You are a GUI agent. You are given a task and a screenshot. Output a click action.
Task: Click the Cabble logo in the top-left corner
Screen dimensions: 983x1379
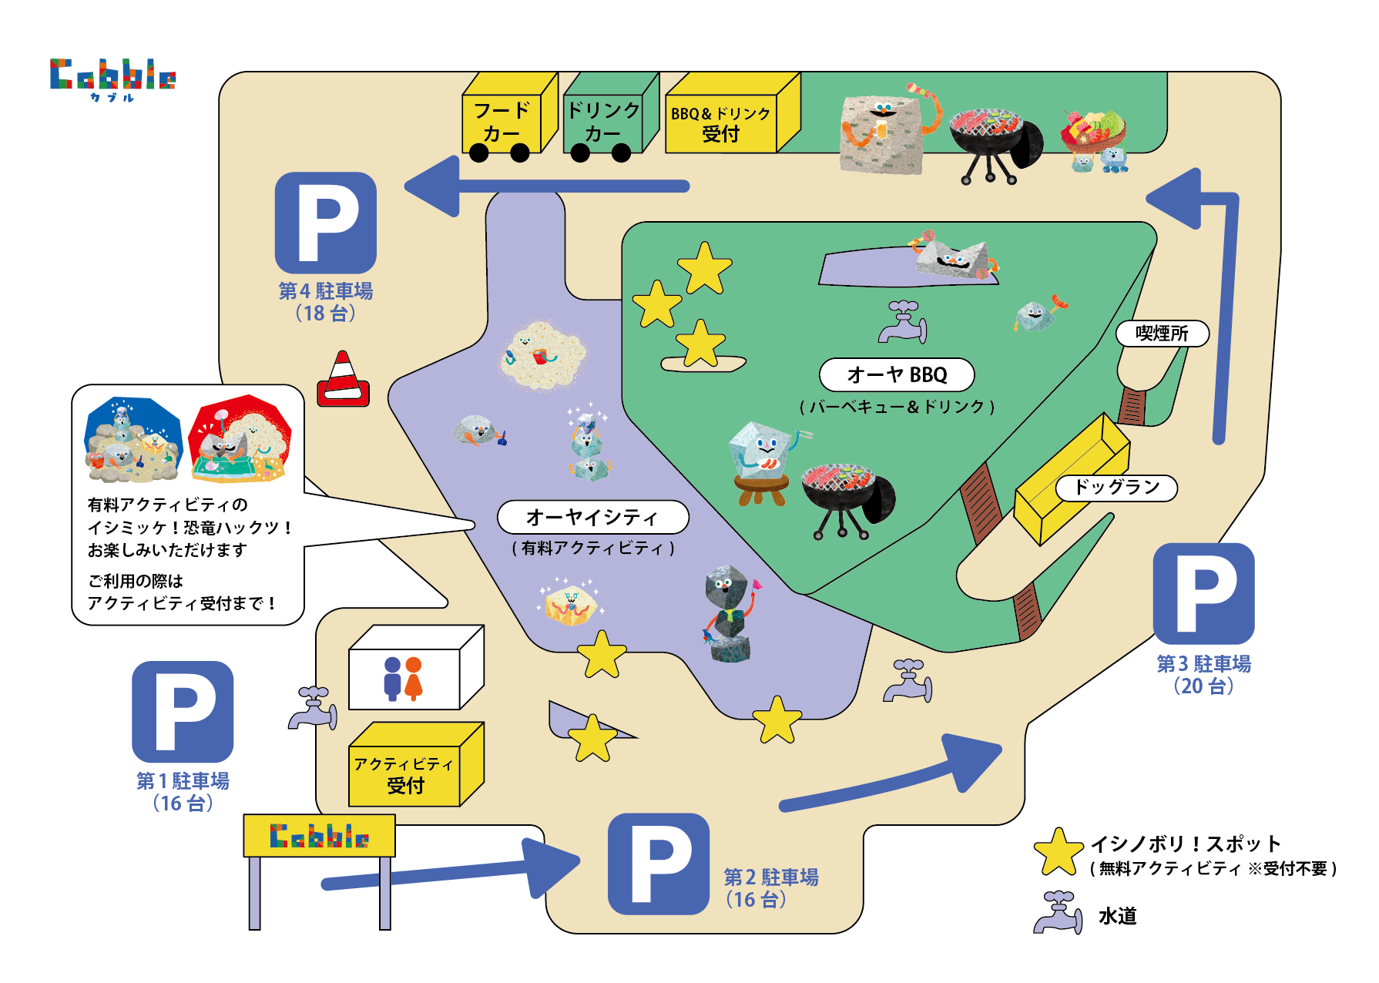click(x=112, y=76)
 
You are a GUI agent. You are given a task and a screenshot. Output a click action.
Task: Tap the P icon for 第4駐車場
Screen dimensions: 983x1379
click(x=326, y=222)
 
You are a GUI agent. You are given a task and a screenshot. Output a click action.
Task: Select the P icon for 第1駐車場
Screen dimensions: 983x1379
click(x=183, y=711)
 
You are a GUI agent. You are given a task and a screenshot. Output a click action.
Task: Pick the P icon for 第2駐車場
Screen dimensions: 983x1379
click(x=658, y=864)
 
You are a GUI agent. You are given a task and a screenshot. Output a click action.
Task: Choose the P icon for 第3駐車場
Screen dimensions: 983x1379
click(x=1203, y=593)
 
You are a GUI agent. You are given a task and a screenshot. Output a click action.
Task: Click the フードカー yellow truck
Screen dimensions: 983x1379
click(x=505, y=119)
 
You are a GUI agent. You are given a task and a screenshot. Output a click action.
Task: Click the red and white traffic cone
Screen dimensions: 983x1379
click(x=344, y=381)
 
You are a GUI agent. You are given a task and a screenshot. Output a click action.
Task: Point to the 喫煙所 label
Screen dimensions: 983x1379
click(x=1162, y=334)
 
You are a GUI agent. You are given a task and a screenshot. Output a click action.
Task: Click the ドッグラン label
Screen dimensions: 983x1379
click(x=1116, y=487)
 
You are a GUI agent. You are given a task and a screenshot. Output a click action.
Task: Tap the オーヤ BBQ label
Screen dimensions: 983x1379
click(x=897, y=375)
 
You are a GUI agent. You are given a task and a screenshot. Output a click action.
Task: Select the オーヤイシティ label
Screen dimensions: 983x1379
click(x=592, y=517)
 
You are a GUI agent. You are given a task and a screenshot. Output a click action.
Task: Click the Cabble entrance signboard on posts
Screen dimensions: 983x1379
click(x=319, y=836)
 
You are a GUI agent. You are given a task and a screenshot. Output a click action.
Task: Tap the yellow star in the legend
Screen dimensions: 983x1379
click(x=1059, y=853)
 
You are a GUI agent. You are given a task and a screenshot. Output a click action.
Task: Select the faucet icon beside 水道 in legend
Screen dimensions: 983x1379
click(x=1059, y=914)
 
